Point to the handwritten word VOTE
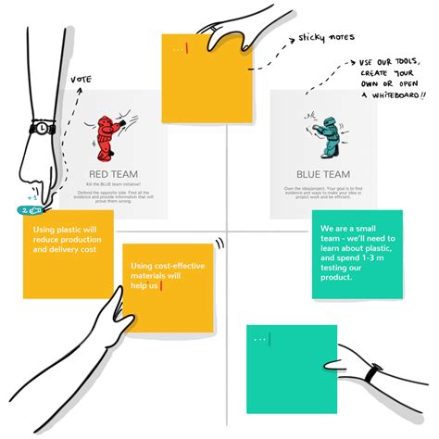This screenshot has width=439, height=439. click(82, 81)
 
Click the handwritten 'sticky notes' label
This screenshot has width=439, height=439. click(323, 39)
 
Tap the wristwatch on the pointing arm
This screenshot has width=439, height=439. click(42, 127)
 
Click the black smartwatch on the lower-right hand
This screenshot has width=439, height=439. click(372, 373)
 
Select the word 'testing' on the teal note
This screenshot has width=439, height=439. click(340, 266)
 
